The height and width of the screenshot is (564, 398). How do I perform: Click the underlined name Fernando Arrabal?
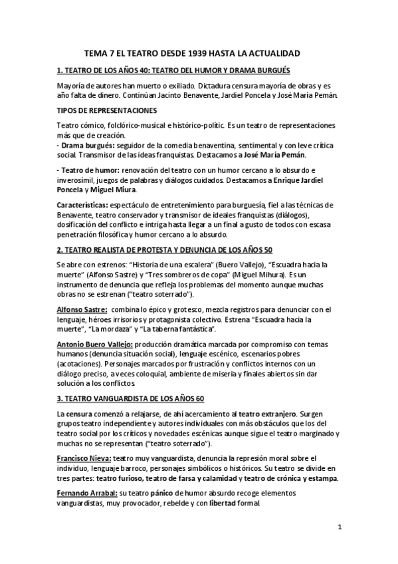tap(86, 493)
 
